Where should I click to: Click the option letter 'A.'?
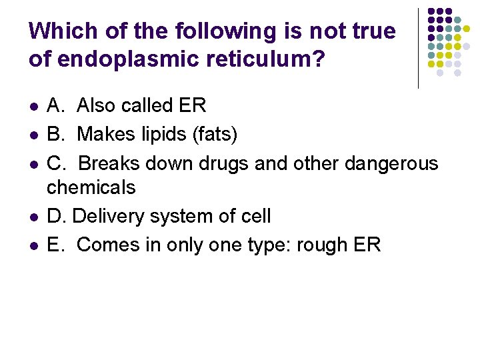[x=56, y=105]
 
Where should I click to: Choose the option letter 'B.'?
[x=56, y=134]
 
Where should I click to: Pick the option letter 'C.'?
[x=56, y=163]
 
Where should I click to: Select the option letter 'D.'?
[x=56, y=216]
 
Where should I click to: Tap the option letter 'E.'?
[x=56, y=245]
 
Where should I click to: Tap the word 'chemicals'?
[x=91, y=187]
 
